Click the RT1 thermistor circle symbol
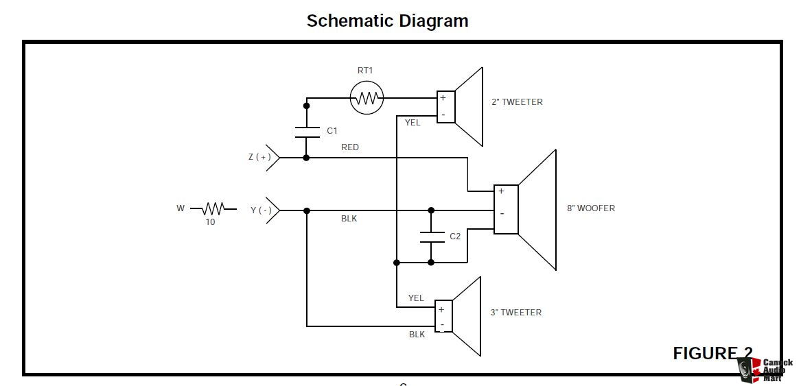(x=367, y=97)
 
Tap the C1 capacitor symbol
(x=307, y=132)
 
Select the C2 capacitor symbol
(x=431, y=237)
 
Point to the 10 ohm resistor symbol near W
(x=213, y=209)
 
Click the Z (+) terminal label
(x=260, y=157)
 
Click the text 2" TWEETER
(x=517, y=102)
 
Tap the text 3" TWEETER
(x=516, y=313)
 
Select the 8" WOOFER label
(x=590, y=208)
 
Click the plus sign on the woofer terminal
(x=501, y=191)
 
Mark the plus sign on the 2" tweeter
(x=443, y=97)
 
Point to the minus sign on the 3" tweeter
(x=442, y=325)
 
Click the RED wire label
(x=350, y=147)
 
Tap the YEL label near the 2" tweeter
(x=413, y=123)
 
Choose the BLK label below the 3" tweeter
(x=417, y=335)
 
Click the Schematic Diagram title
(x=387, y=21)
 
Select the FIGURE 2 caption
(x=712, y=353)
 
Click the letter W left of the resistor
(x=181, y=208)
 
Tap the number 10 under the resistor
(x=210, y=222)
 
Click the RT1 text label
(x=364, y=71)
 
